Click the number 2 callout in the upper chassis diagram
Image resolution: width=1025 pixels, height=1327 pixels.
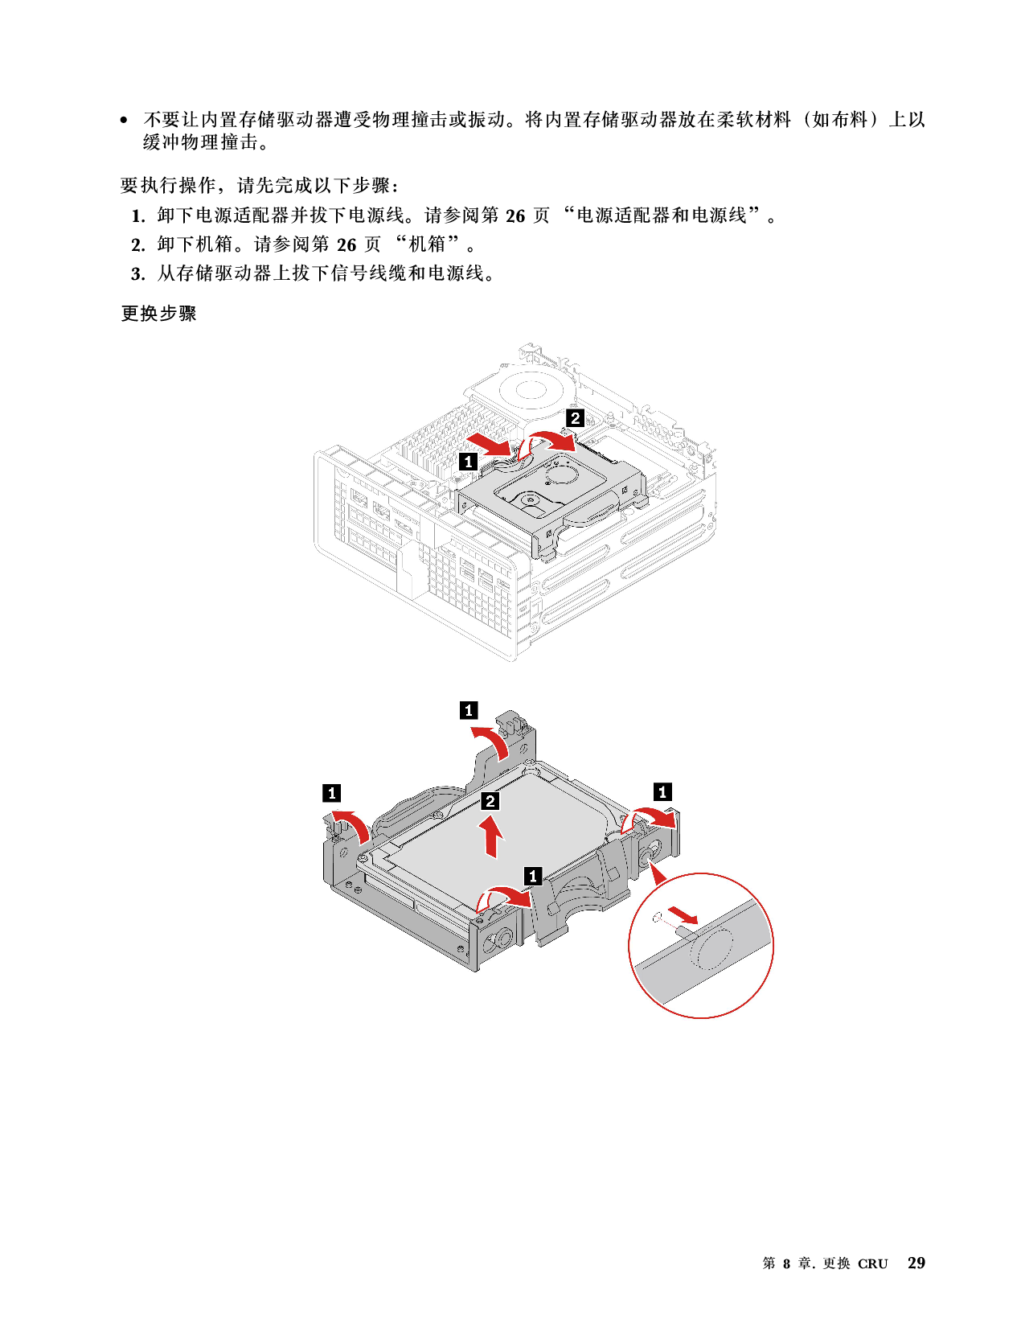pyautogui.click(x=575, y=418)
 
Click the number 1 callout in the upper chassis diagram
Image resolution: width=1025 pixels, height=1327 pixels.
pyautogui.click(x=469, y=462)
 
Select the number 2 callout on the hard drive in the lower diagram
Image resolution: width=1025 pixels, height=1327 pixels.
pyautogui.click(x=490, y=801)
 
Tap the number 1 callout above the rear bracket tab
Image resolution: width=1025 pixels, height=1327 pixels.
pyautogui.click(x=469, y=710)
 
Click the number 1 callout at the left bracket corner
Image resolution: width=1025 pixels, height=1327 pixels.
pyautogui.click(x=331, y=793)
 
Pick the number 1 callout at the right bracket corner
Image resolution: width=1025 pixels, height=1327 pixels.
pyautogui.click(x=662, y=792)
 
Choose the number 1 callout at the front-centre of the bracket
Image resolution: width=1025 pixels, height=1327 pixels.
pyautogui.click(x=532, y=875)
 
